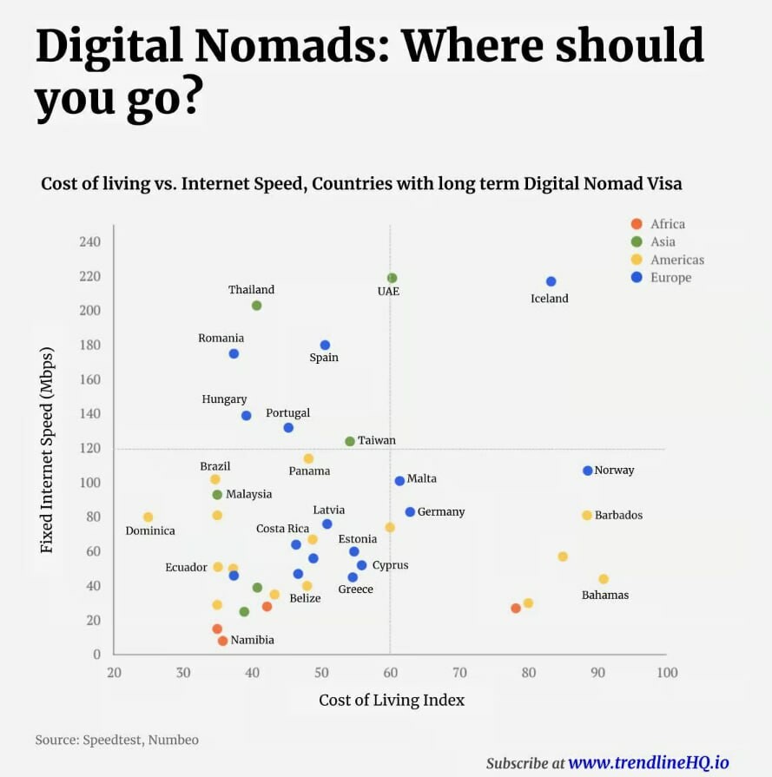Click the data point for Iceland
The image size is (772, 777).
[551, 281]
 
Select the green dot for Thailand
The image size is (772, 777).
[256, 306]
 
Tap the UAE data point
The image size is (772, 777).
[392, 278]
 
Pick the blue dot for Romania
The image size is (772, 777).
[234, 353]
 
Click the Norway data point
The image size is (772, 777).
[587, 471]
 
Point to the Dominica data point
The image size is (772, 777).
[148, 517]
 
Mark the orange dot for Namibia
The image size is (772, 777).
[222, 641]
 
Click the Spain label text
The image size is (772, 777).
[324, 358]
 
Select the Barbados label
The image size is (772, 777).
[618, 515]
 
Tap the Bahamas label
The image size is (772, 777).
[604, 595]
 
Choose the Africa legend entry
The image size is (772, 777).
[667, 224]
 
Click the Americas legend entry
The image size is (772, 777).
[676, 260]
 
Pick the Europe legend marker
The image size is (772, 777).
[637, 278]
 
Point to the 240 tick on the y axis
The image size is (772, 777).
[89, 241]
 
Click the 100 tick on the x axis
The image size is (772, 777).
[666, 672]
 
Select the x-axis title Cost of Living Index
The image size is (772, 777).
[392, 700]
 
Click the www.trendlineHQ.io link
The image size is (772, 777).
[648, 762]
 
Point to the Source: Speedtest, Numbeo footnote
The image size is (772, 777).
[116, 740]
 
